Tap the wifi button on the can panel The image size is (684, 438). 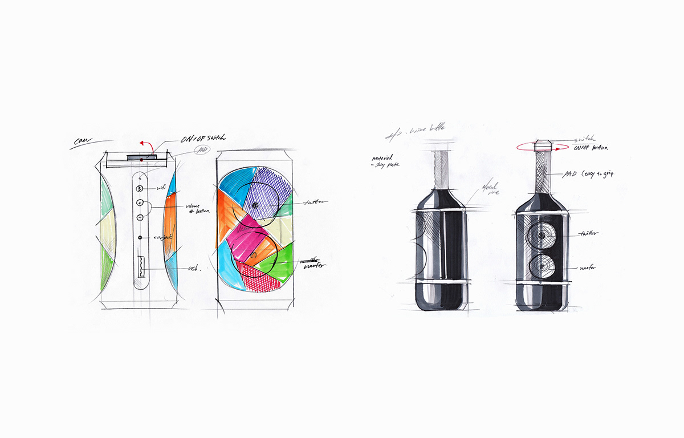pyautogui.click(x=140, y=188)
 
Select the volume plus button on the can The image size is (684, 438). pyautogui.click(x=140, y=202)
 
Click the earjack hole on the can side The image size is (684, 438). pyautogui.click(x=140, y=237)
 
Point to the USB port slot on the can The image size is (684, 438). pyautogui.click(x=140, y=267)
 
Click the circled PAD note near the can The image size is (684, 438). pyautogui.click(x=201, y=151)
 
